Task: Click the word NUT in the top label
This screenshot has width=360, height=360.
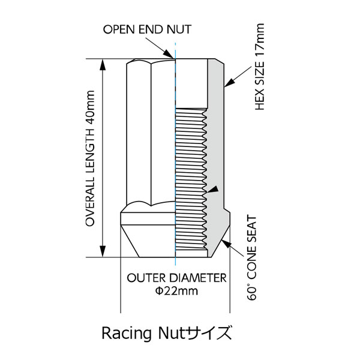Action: click(x=179, y=29)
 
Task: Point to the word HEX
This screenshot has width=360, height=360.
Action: click(x=260, y=99)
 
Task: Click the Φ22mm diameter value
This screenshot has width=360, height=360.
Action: click(x=176, y=291)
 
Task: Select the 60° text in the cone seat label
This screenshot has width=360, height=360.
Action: click(x=252, y=293)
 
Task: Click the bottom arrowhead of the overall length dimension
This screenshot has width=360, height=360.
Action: click(x=103, y=251)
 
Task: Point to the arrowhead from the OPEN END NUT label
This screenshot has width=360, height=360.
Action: click(x=169, y=54)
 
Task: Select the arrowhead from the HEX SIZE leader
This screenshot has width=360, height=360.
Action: click(x=230, y=83)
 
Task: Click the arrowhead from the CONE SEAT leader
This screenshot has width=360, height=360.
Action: click(x=227, y=244)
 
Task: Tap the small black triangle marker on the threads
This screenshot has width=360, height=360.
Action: click(x=212, y=189)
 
